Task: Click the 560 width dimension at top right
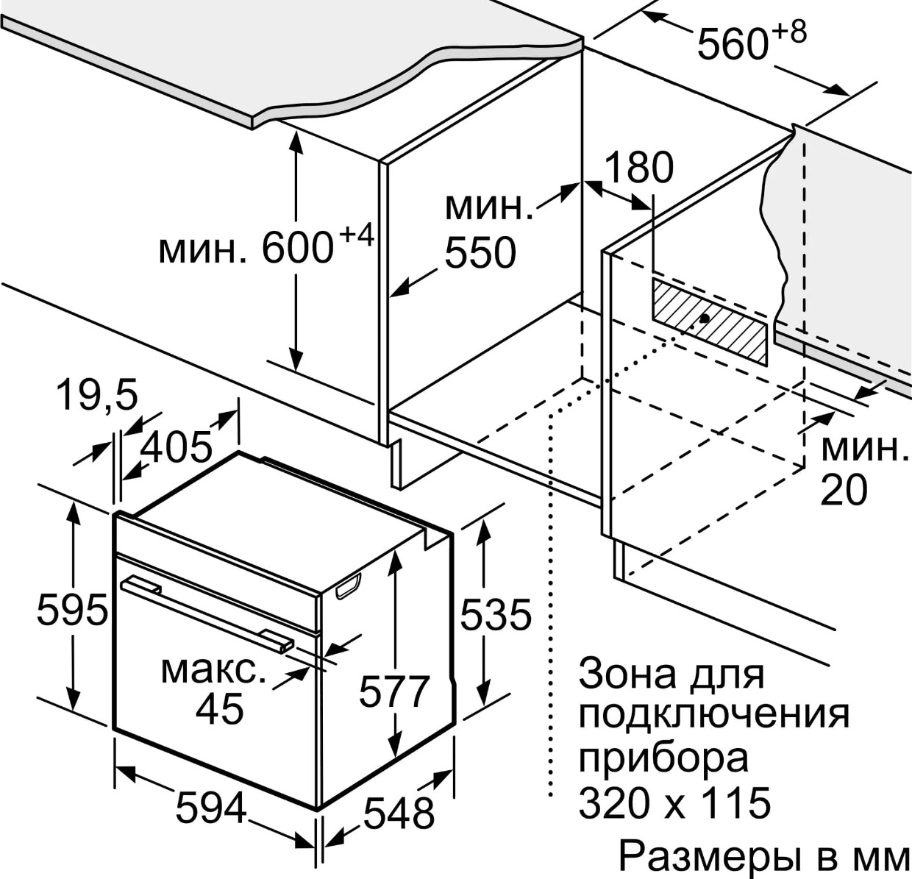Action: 733,45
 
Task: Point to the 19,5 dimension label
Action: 98,396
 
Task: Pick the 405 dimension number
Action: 177,447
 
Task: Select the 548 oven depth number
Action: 399,814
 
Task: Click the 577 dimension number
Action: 394,692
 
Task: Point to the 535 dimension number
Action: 496,615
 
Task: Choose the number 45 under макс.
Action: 220,709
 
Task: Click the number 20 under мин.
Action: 844,490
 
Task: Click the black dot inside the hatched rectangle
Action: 705,318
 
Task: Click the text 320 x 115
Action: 674,803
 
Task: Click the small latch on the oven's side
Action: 349,587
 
